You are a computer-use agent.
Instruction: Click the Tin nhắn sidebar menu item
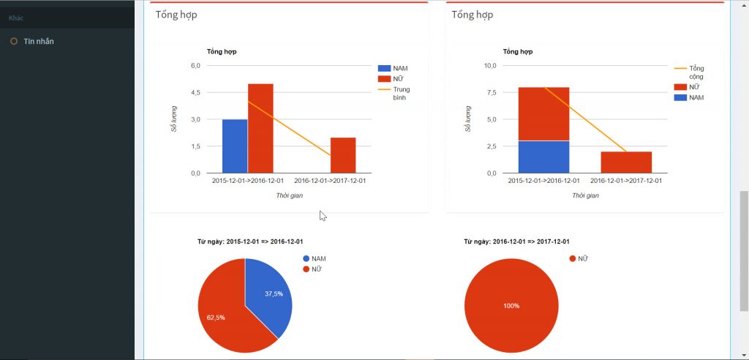38,42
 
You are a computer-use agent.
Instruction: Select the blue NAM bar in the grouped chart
235,146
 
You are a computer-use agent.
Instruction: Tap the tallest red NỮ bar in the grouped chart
260,128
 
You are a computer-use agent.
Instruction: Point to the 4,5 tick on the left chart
195,93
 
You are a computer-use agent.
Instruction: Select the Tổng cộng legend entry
696,72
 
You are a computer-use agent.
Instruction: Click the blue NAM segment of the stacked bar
543,157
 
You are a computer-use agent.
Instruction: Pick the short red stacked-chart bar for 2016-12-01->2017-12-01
627,162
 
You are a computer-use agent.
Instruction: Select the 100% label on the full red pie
511,306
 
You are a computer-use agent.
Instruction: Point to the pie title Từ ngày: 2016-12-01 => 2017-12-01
516,241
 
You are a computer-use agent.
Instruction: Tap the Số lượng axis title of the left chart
174,119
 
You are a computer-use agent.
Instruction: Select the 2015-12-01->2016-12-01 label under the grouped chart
247,180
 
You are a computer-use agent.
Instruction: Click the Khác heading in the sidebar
16,17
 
